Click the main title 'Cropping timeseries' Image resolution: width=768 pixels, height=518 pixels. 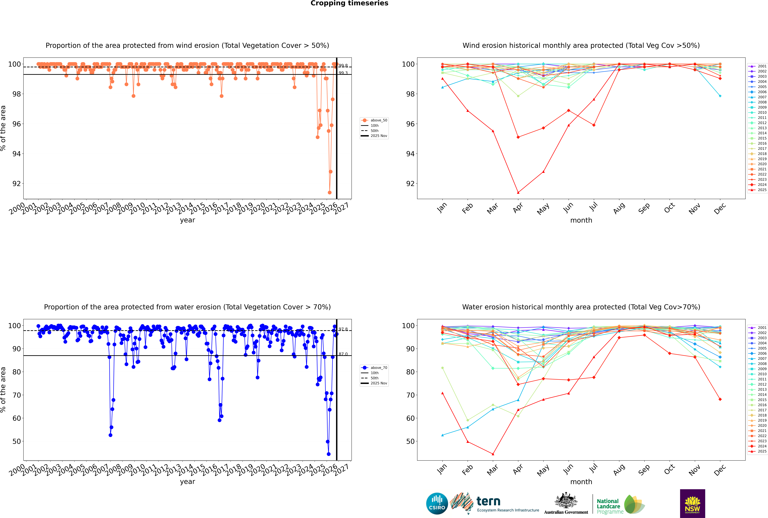pos(349,3)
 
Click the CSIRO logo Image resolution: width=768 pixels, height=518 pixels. pos(437,503)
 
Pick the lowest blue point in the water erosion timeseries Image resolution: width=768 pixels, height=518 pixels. pos(329,454)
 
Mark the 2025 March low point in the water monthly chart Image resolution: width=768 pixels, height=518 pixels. pos(493,454)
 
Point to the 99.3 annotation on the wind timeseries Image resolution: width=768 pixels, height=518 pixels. pos(343,73)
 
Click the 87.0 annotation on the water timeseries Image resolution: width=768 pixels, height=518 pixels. pos(343,354)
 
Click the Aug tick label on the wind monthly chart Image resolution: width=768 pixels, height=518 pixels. pos(619,208)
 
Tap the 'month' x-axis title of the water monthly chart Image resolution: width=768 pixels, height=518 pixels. pos(581,482)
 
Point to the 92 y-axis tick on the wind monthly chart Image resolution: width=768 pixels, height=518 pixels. pos(410,184)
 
